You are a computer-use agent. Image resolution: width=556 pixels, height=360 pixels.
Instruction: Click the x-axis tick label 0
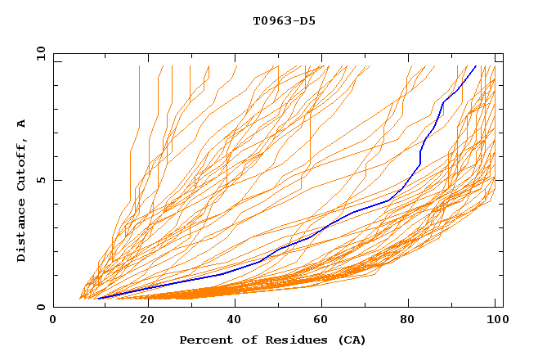pos(54,321)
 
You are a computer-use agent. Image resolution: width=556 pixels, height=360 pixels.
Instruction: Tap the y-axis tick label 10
pos(40,53)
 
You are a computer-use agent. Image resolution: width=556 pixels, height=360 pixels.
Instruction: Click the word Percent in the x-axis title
pos(204,340)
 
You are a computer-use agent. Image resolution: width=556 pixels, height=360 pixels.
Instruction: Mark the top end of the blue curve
pos(476,65)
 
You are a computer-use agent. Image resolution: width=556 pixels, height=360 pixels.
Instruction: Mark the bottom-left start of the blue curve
pos(98,298)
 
